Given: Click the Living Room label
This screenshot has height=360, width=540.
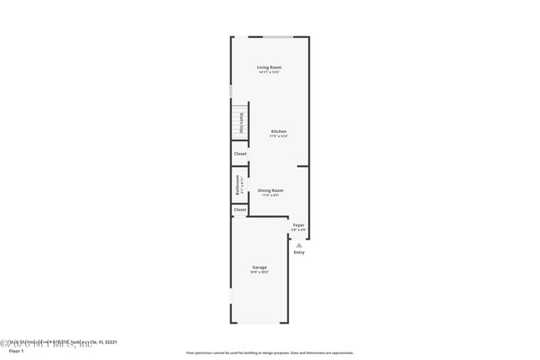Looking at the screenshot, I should tap(268, 67).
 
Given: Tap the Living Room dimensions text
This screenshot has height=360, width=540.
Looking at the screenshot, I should tap(268, 72).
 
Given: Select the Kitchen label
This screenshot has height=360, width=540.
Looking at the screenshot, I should tap(279, 131).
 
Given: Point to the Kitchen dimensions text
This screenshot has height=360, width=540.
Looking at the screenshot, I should tap(279, 136).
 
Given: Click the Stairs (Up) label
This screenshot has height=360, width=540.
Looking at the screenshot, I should tap(242, 123).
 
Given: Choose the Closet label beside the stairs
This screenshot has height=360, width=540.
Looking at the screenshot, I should tap(240, 154).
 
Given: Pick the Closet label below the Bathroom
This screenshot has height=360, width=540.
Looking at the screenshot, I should tap(240, 210).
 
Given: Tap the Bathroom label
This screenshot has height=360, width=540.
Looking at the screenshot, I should tap(238, 185).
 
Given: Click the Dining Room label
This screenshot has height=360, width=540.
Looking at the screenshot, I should tap(271, 190).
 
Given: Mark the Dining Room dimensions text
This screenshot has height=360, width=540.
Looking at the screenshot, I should tap(271, 196).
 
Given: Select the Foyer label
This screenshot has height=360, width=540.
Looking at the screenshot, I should tap(298, 224).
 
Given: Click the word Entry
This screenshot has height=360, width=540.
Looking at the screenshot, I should tap(299, 252).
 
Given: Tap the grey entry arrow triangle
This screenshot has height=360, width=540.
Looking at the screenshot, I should tap(299, 244).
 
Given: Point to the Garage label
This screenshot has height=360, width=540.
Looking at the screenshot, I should tap(260, 267).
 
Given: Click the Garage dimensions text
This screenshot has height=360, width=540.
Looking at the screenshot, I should tap(260, 273).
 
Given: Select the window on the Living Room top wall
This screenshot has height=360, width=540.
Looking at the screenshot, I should tap(278, 37).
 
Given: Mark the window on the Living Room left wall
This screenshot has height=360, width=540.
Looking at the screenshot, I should tap(231, 91).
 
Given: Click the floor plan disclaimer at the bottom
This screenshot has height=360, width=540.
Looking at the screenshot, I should tap(269, 353).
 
